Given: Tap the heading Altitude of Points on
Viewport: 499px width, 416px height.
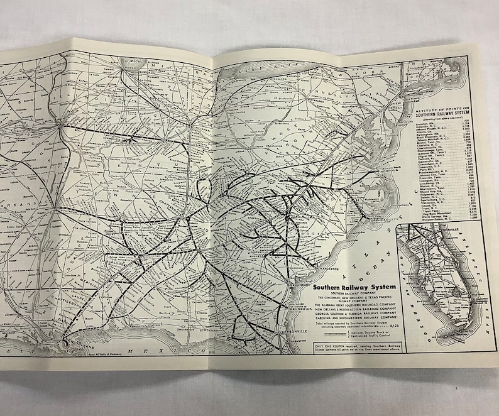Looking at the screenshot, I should point(443,108).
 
